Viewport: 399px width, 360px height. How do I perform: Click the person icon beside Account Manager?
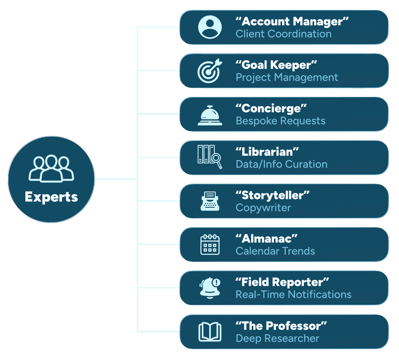[x=210, y=27]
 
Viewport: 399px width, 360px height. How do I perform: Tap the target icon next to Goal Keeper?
[x=210, y=71]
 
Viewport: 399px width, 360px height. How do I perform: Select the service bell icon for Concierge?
[x=210, y=115]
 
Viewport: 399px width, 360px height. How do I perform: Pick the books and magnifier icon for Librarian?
[x=210, y=157]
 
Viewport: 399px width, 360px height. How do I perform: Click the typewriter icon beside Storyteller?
[x=210, y=201]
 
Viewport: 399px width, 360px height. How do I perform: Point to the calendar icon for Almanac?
[x=210, y=244]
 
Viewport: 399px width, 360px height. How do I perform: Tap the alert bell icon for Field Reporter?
[x=210, y=288]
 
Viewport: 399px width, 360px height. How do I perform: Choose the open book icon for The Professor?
[x=210, y=332]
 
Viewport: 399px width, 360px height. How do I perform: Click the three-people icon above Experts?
[x=51, y=168]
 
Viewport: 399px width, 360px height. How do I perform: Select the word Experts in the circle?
[x=51, y=197]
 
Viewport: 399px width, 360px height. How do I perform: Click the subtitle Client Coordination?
[x=284, y=34]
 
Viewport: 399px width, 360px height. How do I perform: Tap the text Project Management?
[x=287, y=77]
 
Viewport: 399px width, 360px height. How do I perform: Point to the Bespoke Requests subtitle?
[x=281, y=121]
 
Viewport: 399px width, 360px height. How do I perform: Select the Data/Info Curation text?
[x=281, y=164]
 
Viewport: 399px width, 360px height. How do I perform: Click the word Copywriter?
[x=263, y=207]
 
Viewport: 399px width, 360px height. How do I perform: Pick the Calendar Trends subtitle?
[x=275, y=251]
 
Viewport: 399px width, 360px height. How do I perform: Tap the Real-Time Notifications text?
[x=293, y=295]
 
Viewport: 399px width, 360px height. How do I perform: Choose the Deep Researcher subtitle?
[x=277, y=338]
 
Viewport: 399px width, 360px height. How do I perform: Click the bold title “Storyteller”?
[x=273, y=195]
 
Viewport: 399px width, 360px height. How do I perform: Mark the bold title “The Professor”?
[x=281, y=325]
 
